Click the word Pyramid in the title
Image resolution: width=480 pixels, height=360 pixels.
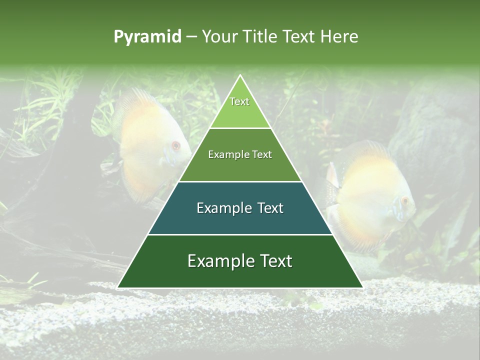pyautogui.click(x=147, y=37)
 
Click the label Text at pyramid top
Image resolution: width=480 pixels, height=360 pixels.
pyautogui.click(x=239, y=101)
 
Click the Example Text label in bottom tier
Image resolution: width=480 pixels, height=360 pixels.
pyautogui.click(x=240, y=261)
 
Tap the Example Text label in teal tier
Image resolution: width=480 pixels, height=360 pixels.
pyautogui.click(x=240, y=208)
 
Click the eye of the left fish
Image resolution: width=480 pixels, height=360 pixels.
pyautogui.click(x=175, y=145)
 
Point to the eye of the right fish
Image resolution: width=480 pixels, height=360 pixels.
pyautogui.click(x=404, y=201)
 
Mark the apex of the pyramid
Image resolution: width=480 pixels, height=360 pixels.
pyautogui.click(x=240, y=76)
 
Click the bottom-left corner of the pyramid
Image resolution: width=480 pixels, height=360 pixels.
pyautogui.click(x=118, y=287)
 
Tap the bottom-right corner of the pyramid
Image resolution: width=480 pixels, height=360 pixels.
pyautogui.click(x=362, y=287)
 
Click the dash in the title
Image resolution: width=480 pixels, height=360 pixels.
pyautogui.click(x=191, y=37)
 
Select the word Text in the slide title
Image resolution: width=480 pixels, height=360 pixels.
pyautogui.click(x=300, y=36)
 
